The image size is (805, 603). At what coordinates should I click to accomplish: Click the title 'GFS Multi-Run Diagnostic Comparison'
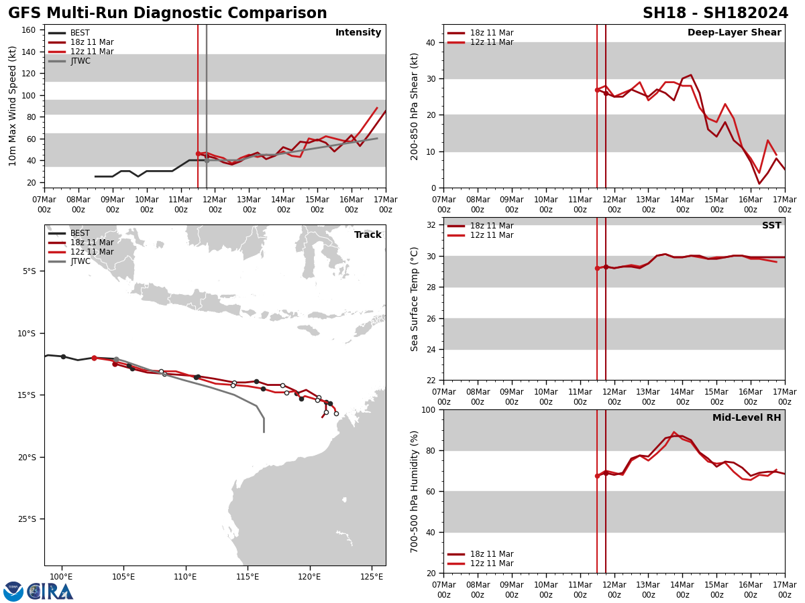[168, 13]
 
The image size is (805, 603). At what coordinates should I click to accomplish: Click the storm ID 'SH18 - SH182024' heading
[715, 13]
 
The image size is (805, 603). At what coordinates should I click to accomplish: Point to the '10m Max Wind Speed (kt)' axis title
[13, 106]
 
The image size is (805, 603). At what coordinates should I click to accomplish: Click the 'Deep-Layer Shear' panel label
[734, 33]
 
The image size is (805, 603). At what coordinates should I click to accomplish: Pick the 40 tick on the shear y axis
[430, 42]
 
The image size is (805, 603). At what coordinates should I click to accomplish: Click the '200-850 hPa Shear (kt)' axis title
[415, 106]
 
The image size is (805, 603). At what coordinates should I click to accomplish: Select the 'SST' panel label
[771, 226]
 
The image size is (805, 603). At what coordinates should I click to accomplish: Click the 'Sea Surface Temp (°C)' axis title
[415, 299]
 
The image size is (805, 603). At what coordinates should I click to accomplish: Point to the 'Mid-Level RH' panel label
[746, 418]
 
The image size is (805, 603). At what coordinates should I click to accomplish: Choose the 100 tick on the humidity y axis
[427, 409]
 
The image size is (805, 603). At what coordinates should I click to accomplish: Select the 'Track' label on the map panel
[368, 235]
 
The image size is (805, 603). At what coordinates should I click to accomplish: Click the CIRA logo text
[50, 592]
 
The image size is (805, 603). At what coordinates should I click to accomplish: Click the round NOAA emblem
[13, 592]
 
